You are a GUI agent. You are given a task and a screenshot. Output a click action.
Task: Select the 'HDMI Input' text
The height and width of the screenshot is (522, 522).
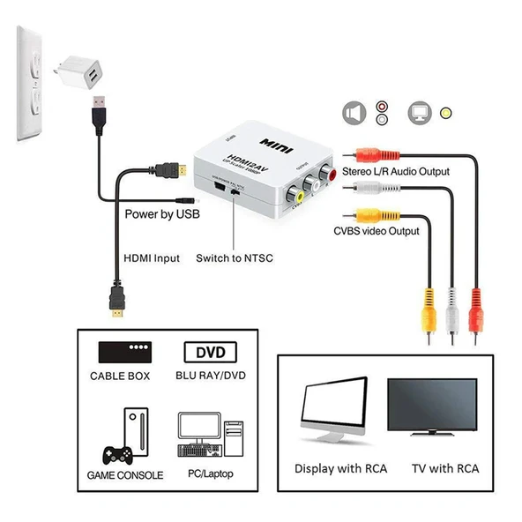tap(151, 258)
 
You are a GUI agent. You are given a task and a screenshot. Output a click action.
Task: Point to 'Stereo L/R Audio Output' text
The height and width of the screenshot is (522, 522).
tap(396, 171)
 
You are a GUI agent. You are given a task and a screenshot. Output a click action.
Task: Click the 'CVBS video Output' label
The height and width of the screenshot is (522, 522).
tap(376, 231)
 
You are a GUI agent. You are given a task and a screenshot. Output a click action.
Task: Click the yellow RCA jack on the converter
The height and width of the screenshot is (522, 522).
tap(300, 198)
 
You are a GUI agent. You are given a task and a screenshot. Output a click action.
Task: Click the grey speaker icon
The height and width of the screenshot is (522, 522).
tap(354, 113)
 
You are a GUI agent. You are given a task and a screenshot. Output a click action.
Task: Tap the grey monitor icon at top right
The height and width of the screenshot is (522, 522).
tap(420, 113)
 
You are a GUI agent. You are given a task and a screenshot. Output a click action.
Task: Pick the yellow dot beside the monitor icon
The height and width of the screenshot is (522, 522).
tap(447, 113)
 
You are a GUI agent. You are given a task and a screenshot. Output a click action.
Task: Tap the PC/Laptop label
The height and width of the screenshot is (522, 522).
tap(209, 474)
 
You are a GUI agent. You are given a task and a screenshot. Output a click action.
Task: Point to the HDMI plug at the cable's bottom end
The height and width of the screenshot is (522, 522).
tap(115, 305)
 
